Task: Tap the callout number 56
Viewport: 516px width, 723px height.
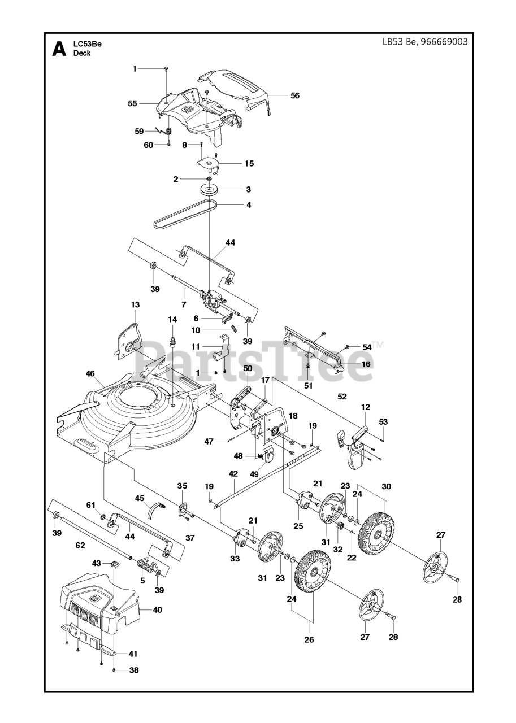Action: coord(295,95)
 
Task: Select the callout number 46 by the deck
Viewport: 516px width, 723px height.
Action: coord(90,373)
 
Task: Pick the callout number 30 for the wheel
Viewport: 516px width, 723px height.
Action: coord(386,486)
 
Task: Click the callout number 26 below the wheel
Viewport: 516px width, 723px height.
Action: coord(309,640)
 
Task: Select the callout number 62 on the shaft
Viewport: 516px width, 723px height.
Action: coord(80,546)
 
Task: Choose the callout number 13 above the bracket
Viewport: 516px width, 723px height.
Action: coord(135,304)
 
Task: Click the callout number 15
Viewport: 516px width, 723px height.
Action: coord(249,163)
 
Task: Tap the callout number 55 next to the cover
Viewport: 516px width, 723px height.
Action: coord(133,103)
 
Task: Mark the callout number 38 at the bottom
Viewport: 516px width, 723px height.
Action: coord(133,670)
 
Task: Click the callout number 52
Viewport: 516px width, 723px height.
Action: coord(342,397)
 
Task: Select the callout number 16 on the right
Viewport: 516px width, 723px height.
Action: coord(366,364)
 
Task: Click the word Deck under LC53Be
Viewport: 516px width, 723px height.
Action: coord(82,54)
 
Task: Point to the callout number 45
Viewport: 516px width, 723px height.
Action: coord(139,498)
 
